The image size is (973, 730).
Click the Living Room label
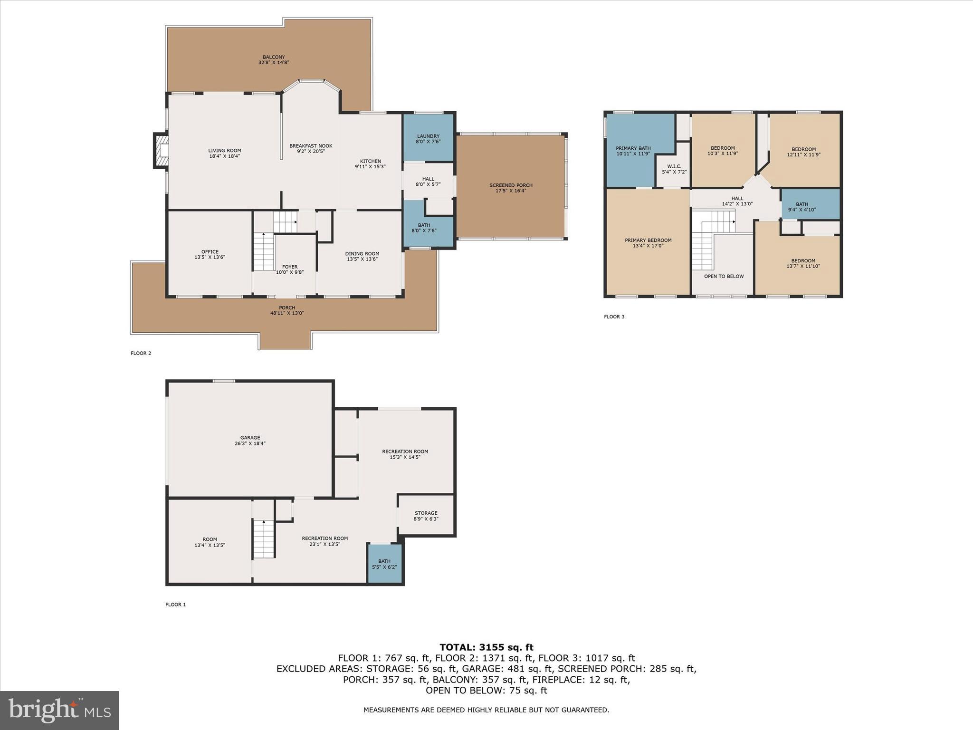point(224,151)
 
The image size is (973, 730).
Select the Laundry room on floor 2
point(428,137)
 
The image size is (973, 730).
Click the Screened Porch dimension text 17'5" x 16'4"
point(511,191)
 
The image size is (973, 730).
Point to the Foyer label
point(290,267)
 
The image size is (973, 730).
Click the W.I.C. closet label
point(674,166)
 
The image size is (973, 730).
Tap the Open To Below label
point(724,276)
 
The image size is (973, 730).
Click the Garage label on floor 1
point(250,438)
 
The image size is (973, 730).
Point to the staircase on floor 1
point(264,539)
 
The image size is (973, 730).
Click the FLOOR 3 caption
point(614,317)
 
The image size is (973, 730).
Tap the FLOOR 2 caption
point(141,353)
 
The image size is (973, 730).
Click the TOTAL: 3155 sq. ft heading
point(486,647)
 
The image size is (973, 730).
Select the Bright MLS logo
point(59,710)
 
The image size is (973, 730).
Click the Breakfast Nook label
point(311,146)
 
